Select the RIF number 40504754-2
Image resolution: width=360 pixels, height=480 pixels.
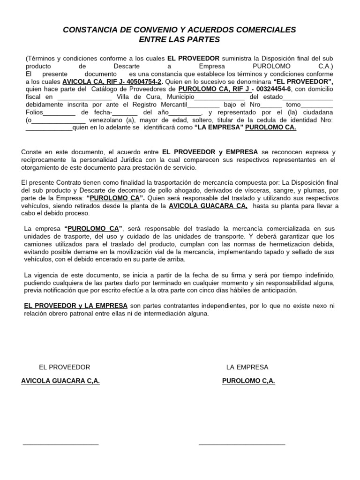140,81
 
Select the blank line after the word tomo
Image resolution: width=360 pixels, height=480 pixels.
317,105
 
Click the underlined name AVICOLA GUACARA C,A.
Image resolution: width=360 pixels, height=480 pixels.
60,381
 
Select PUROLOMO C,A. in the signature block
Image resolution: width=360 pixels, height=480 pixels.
248,381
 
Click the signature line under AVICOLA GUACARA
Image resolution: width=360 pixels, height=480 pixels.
60,443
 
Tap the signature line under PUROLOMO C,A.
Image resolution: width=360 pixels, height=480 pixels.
242,443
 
